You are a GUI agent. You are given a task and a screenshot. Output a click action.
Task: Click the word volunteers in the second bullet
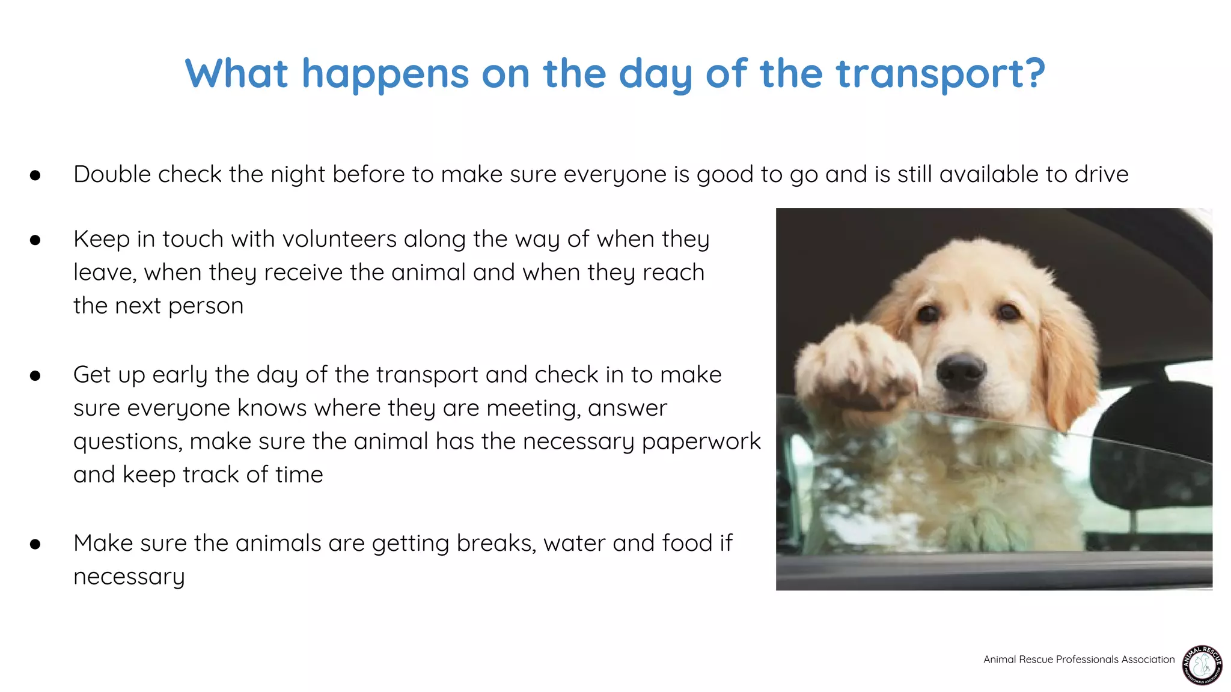pos(339,239)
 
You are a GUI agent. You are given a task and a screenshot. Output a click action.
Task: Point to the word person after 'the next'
pos(206,306)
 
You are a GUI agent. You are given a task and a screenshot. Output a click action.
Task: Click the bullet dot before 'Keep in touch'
pos(35,240)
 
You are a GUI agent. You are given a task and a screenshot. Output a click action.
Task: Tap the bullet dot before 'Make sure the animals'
pos(35,544)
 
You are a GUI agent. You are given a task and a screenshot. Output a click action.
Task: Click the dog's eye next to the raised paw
pos(927,314)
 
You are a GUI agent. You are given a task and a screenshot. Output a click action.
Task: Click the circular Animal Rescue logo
pos(1202,665)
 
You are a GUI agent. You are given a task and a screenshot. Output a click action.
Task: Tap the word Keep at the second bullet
pos(101,239)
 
